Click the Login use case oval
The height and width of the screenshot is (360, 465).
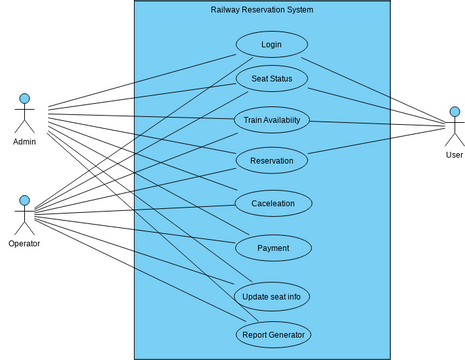(271, 45)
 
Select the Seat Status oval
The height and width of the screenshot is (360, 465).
(271, 78)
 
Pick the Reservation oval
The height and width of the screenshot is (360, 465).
(271, 159)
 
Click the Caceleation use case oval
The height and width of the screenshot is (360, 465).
(273, 203)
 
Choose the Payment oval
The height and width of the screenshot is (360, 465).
(272, 248)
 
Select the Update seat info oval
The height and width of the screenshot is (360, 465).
(271, 296)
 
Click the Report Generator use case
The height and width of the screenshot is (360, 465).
(273, 334)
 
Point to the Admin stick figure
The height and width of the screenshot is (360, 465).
(24, 114)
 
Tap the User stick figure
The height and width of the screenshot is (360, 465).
(454, 127)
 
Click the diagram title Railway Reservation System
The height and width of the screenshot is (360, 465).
(262, 10)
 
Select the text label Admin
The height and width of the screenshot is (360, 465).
(24, 141)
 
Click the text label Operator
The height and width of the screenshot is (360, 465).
(24, 243)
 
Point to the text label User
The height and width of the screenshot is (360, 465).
(454, 155)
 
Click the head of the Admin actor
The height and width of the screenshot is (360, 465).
(24, 99)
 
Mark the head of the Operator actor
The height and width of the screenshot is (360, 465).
(24, 200)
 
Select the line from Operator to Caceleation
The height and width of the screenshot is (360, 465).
(140, 208)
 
